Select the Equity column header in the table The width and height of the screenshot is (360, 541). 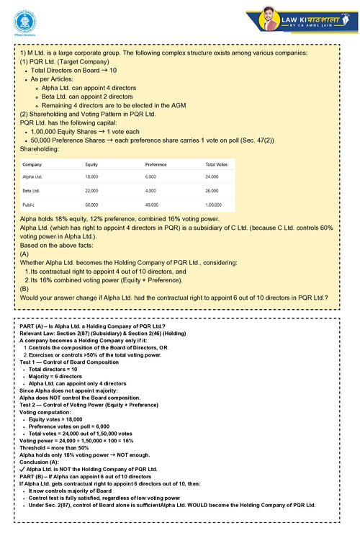point(91,165)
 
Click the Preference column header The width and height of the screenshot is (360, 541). point(156,165)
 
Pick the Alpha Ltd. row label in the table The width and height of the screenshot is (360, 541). point(32,176)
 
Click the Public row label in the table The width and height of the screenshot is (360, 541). point(30,205)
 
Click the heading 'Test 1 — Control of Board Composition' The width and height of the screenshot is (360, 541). point(71,362)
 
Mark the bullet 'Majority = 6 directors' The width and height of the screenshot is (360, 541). point(58,377)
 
